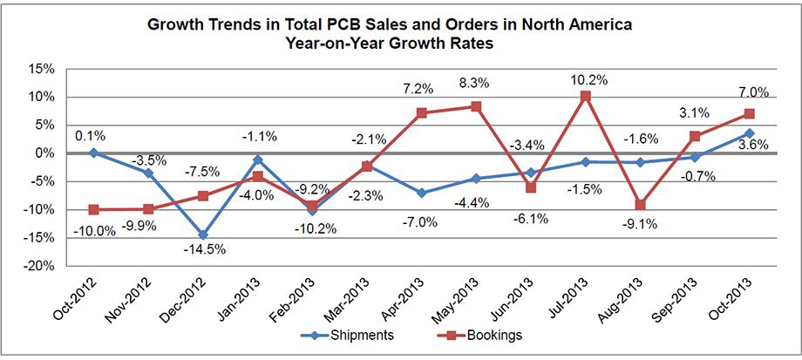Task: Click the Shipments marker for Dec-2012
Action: pyautogui.click(x=202, y=235)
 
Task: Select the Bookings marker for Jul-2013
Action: pyautogui.click(x=585, y=95)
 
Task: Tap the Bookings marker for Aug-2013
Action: pyautogui.click(x=640, y=205)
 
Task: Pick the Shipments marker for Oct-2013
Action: pyautogui.click(x=749, y=133)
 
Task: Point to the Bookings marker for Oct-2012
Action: pyautogui.click(x=93, y=210)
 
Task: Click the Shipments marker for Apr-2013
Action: pyautogui.click(x=421, y=193)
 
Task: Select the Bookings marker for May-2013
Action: pyautogui.click(x=476, y=106)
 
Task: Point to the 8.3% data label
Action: pyautogui.click(x=475, y=84)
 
